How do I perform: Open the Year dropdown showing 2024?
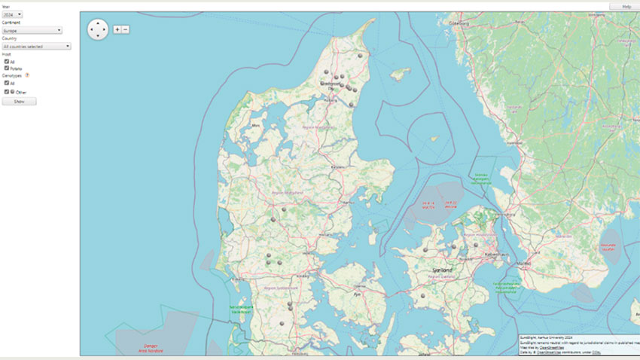pyautogui.click(x=13, y=14)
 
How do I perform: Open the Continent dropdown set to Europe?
pyautogui.click(x=32, y=30)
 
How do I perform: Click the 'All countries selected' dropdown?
pyautogui.click(x=36, y=46)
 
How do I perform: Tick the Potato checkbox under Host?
pyautogui.click(x=7, y=68)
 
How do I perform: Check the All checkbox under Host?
pyautogui.click(x=7, y=61)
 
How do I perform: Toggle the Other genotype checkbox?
pyautogui.click(x=7, y=91)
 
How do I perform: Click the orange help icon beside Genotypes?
pyautogui.click(x=28, y=75)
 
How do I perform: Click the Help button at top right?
pyautogui.click(x=626, y=7)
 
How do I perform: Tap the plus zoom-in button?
pyautogui.click(x=117, y=29)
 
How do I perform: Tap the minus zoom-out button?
pyautogui.click(x=125, y=29)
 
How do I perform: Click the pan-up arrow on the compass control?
pyautogui.click(x=99, y=23)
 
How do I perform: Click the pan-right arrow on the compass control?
pyautogui.click(x=105, y=29)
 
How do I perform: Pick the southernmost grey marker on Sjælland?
pyautogui.click(x=423, y=296)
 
